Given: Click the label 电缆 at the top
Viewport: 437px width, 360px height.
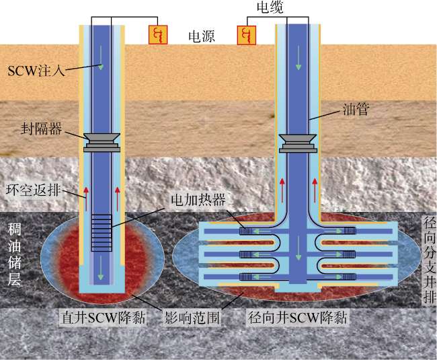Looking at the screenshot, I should click(x=272, y=7).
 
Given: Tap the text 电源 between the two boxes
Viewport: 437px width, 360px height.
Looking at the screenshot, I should click(x=201, y=36).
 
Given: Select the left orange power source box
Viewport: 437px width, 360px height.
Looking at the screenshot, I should click(x=159, y=35).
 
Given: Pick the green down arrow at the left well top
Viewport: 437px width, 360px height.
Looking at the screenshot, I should click(x=102, y=66).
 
